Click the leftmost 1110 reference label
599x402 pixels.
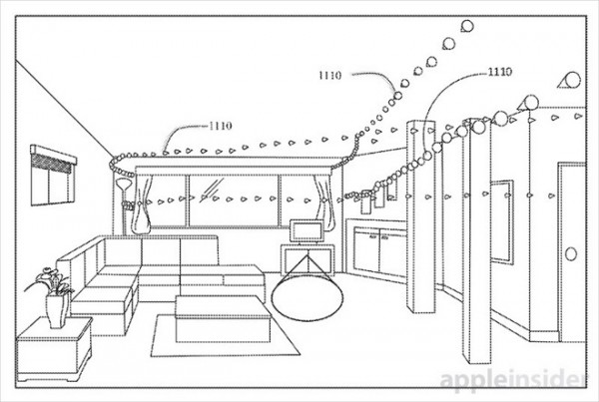[x=221, y=126]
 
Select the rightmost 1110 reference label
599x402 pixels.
[x=500, y=72]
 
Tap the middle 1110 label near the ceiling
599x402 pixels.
[x=329, y=75]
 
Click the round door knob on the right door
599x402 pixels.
[x=571, y=254]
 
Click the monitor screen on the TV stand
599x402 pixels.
[x=306, y=230]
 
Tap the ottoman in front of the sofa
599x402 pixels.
[x=223, y=319]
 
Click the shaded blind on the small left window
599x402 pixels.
[x=52, y=163]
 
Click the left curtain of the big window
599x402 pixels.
[x=142, y=203]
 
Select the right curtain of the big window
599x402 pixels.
[x=323, y=200]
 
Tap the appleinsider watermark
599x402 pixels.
[x=512, y=380]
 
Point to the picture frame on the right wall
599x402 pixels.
[x=501, y=221]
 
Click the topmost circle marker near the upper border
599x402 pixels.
[x=467, y=26]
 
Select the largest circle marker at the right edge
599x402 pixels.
[x=573, y=80]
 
